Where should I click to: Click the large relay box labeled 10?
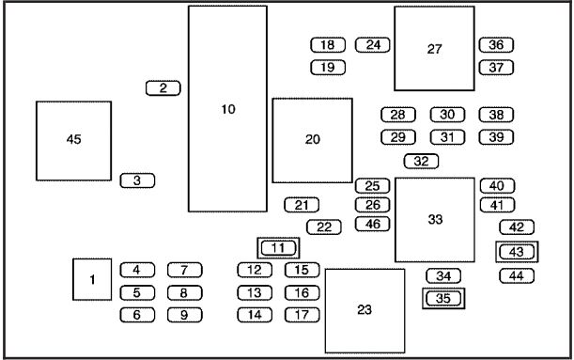[x=227, y=109]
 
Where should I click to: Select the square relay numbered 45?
[x=74, y=140]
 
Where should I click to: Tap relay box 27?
[x=434, y=48]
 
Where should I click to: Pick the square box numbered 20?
[x=313, y=139]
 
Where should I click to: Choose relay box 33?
[x=434, y=220]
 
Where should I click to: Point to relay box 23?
[x=365, y=309]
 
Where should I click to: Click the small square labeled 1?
[x=93, y=279]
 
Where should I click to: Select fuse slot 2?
[x=163, y=88]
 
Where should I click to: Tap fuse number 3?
[x=137, y=180]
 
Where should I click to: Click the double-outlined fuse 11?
[x=277, y=248]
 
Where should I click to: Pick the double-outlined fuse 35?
[x=443, y=299]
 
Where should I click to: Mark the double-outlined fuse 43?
[x=517, y=251]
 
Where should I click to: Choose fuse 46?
[x=373, y=224]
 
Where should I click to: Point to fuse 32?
[x=421, y=161]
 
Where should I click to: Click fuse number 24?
[x=373, y=44]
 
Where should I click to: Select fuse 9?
[x=185, y=315]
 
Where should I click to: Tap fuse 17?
[x=302, y=315]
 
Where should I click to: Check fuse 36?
[x=496, y=44]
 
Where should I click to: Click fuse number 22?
[x=324, y=227]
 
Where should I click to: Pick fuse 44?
[x=517, y=275]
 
